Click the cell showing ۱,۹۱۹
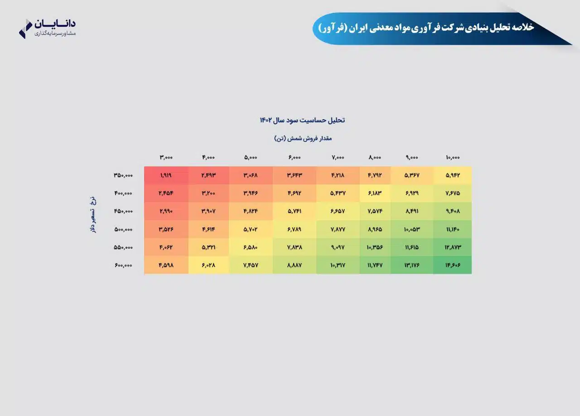point(166,175)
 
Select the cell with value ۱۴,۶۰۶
point(453,265)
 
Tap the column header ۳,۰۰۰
point(166,157)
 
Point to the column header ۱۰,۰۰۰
point(453,157)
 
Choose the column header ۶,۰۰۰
point(295,157)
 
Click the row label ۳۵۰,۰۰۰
point(123,175)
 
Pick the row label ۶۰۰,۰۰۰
point(123,265)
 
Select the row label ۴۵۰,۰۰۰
point(123,211)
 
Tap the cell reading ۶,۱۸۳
point(375,193)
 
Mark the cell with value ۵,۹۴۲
point(453,175)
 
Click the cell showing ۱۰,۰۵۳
point(412,229)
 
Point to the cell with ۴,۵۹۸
point(166,265)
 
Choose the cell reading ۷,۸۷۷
point(338,229)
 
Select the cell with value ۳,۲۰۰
point(208,193)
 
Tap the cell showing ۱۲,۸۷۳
point(453,247)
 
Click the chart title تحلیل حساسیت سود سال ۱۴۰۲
point(302,120)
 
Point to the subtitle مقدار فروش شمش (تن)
point(303,138)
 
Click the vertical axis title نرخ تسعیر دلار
point(93,215)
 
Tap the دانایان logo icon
point(25,29)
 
